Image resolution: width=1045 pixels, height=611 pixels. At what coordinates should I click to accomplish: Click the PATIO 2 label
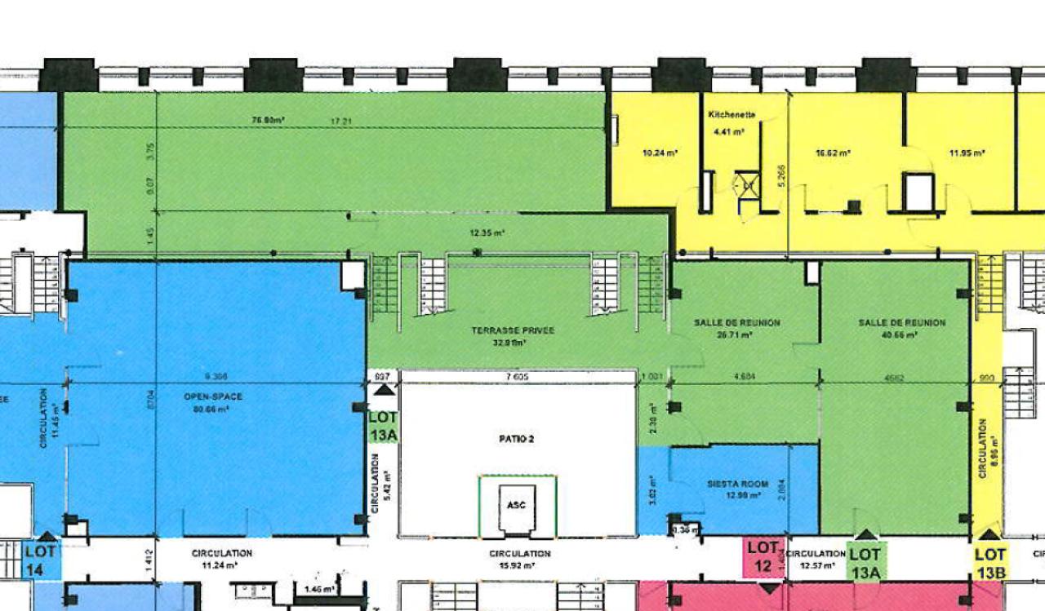click(516, 439)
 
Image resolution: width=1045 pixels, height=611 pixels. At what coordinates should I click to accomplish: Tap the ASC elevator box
click(517, 505)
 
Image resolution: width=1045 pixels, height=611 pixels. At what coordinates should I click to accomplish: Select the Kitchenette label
click(731, 115)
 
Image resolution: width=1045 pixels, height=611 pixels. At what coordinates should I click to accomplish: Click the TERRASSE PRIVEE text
click(513, 330)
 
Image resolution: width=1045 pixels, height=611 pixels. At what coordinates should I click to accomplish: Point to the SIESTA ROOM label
click(737, 485)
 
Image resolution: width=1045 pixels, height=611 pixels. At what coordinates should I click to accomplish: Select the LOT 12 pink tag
click(764, 557)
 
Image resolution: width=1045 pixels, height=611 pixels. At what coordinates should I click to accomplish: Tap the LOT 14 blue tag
click(40, 560)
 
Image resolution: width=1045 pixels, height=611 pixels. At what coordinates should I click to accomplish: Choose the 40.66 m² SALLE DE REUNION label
click(901, 323)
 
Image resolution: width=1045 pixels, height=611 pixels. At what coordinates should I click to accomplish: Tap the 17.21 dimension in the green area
click(340, 122)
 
